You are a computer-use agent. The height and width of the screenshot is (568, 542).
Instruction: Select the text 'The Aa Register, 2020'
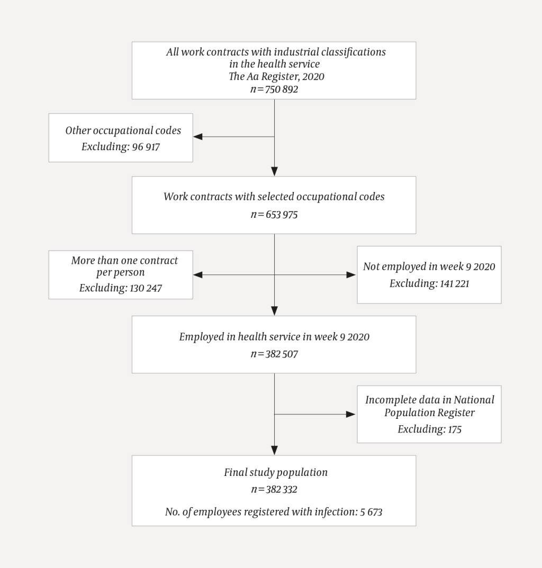point(276,77)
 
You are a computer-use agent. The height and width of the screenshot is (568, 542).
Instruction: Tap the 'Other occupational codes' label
point(123,131)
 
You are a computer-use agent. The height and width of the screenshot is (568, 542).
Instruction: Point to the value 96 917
point(144,146)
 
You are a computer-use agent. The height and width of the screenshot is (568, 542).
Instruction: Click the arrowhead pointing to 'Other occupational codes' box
point(198,137)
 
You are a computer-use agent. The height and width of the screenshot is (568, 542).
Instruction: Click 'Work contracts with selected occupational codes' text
point(274,197)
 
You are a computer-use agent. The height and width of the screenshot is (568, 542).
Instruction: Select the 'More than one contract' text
point(124,260)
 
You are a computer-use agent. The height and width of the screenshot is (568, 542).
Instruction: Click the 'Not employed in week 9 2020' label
point(429,267)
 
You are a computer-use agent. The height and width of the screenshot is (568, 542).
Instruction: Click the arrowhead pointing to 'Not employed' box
point(351,275)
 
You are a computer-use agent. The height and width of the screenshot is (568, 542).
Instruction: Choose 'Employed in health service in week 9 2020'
point(274,337)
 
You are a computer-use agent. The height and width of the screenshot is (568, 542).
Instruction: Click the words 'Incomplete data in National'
point(429,400)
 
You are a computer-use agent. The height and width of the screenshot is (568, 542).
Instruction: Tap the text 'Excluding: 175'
point(429,429)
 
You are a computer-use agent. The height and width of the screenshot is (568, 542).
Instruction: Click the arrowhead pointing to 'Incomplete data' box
point(351,414)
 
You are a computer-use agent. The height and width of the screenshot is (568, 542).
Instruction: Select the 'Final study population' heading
point(275,472)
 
